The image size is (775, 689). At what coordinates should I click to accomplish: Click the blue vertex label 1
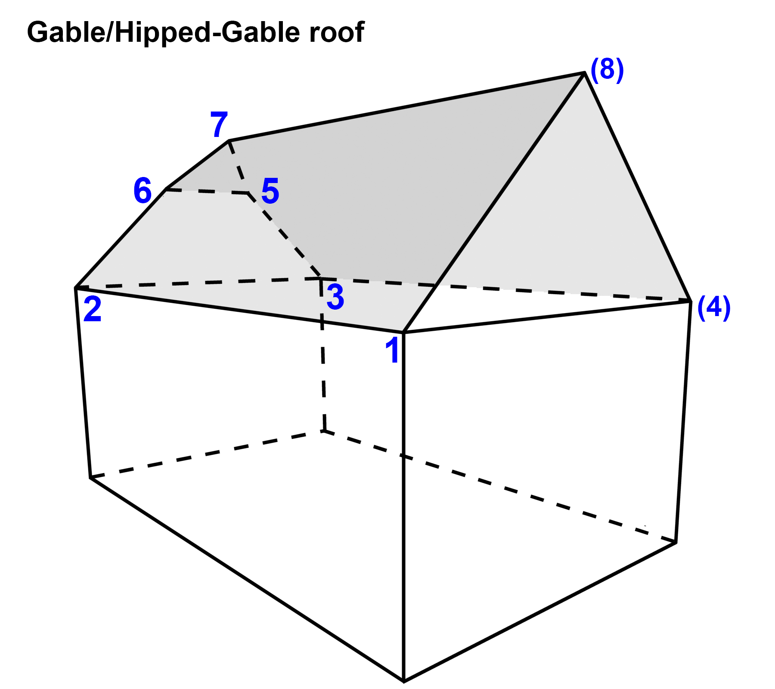tap(393, 350)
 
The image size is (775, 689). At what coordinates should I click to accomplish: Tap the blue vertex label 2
tap(93, 309)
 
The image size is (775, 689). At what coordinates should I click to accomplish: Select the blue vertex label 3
tap(335, 297)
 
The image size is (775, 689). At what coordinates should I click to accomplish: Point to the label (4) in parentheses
tap(714, 308)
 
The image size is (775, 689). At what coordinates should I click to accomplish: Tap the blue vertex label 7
tap(219, 124)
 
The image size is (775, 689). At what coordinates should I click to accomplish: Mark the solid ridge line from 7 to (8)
tap(406, 107)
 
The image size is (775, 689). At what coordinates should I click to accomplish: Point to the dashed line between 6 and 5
tap(207, 191)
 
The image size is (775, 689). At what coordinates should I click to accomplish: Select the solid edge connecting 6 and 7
tap(197, 165)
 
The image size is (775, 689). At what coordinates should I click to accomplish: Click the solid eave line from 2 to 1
tap(239, 310)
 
